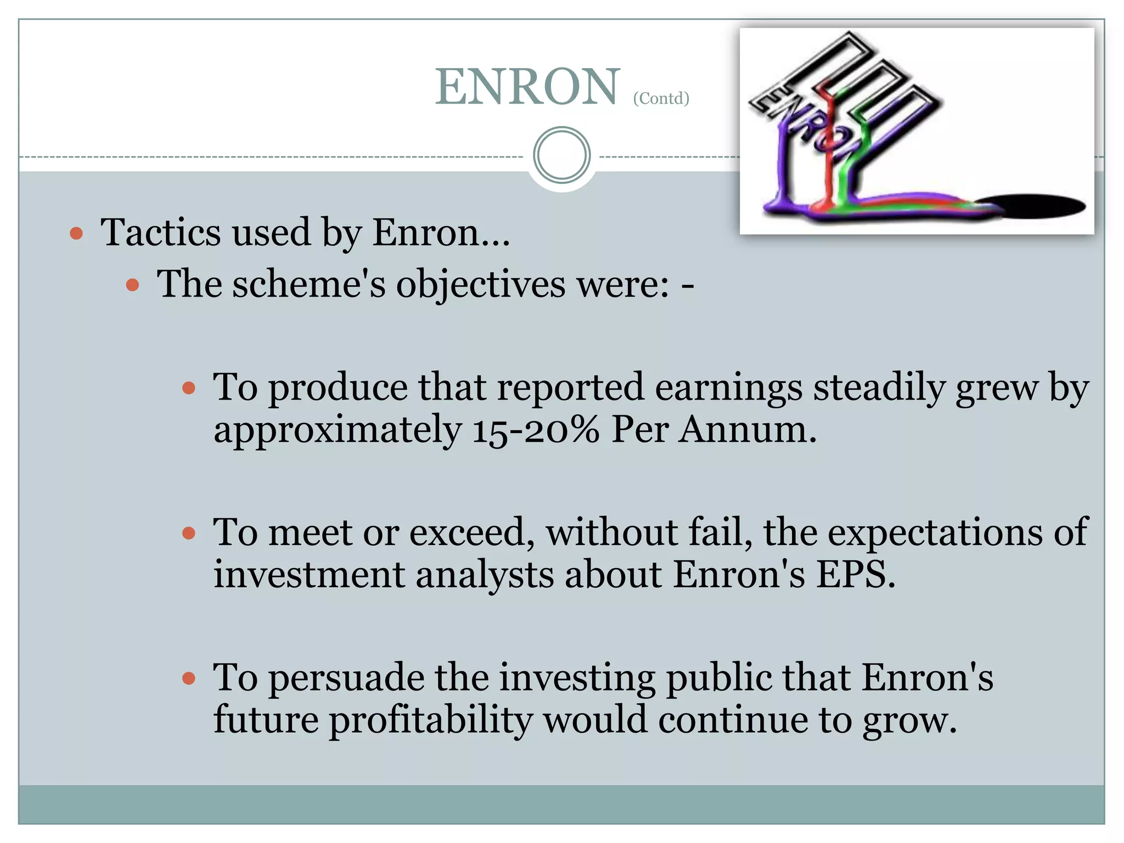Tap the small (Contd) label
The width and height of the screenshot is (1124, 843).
tap(661, 98)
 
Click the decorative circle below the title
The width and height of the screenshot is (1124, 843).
tap(561, 155)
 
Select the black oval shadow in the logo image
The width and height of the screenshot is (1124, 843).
tap(1032, 206)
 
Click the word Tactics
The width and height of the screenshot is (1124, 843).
tap(159, 232)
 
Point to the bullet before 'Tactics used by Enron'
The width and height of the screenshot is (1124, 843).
tap(77, 234)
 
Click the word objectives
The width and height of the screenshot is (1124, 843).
tap(481, 285)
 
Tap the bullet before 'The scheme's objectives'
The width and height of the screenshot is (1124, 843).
tap(132, 285)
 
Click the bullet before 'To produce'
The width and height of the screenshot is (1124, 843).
tap(188, 389)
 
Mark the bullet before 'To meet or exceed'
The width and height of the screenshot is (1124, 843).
tap(188, 533)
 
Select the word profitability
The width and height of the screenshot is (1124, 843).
tap(430, 720)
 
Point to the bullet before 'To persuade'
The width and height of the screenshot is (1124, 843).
tap(188, 678)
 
